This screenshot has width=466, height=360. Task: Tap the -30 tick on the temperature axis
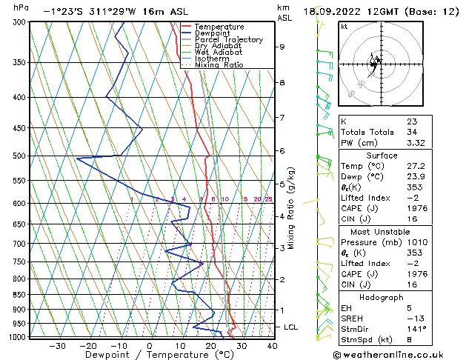tap(57, 346)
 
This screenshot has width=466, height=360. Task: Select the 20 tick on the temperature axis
tap(211, 346)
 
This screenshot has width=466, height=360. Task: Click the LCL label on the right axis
tap(291, 327)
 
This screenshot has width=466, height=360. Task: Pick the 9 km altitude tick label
tap(282, 47)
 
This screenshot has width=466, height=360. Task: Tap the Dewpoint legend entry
tap(213, 33)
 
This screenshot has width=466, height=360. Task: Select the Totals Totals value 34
tap(412, 132)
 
